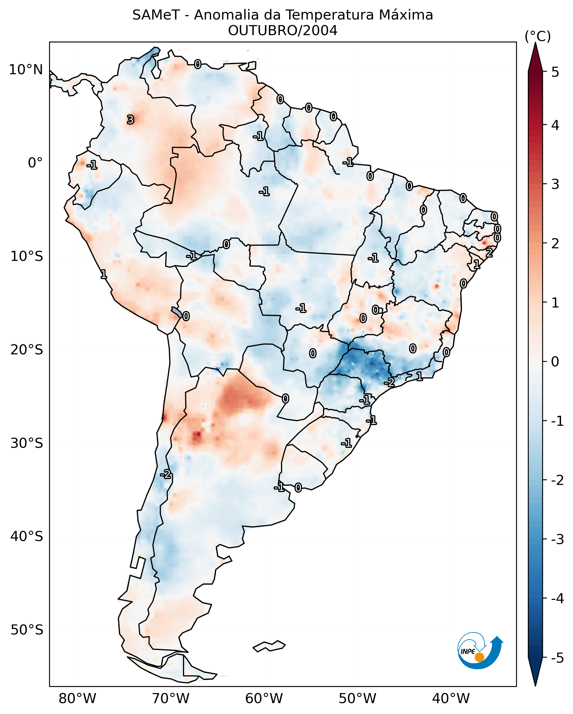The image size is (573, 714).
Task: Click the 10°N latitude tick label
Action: (x=26, y=70)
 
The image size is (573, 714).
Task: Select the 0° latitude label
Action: (x=35, y=163)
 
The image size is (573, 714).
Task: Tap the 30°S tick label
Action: (x=27, y=443)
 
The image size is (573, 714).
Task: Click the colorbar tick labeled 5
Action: (x=555, y=72)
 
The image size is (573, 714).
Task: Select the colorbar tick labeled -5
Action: (x=557, y=658)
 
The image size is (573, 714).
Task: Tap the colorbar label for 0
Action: (x=555, y=361)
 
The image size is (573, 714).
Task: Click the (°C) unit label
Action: (x=538, y=37)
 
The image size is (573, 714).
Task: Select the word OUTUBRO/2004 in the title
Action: (x=283, y=31)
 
